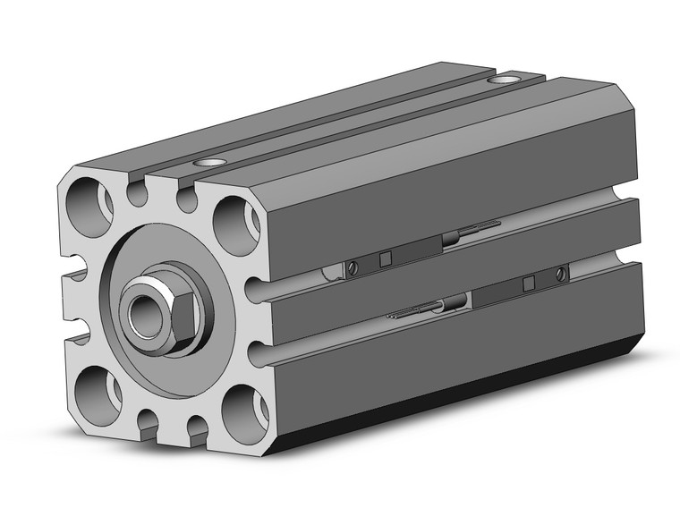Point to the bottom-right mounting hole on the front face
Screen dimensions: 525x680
[x=241, y=412]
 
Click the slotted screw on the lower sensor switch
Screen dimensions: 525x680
[x=561, y=272]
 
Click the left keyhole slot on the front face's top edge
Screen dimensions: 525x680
[x=137, y=191]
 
